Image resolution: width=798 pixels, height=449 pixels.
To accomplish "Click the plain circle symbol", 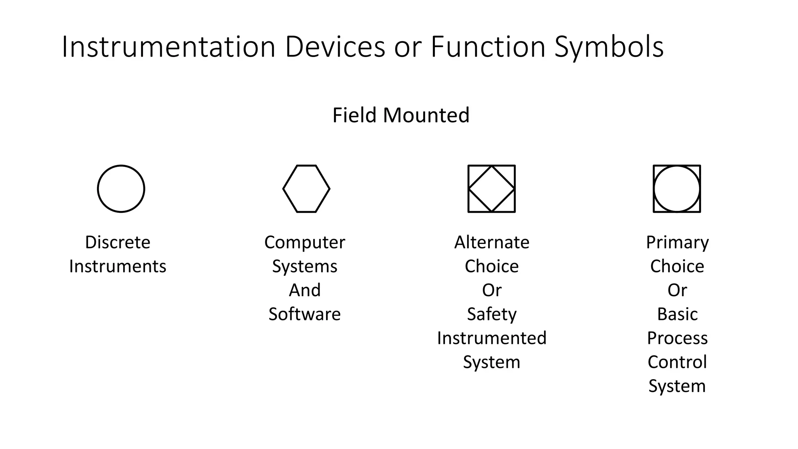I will pos(121,189).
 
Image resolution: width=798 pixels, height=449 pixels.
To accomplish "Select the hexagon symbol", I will pos(306,189).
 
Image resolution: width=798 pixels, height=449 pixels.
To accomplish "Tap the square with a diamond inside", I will pos(491,189).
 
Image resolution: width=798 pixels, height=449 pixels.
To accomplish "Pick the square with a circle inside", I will pos(677,189).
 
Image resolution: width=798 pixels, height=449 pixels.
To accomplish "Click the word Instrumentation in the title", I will pos(169,47).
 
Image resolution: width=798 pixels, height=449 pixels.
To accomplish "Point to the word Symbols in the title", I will pos(609,47).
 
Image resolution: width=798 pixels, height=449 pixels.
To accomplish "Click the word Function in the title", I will pos(488,47).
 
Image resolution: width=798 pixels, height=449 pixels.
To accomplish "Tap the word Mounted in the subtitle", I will pos(426,115).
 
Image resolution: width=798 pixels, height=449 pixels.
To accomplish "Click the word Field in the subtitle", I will pos(355,115).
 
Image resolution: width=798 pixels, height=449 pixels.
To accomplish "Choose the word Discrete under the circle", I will pos(118,242).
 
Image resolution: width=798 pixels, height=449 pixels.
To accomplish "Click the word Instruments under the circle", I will pos(118,267).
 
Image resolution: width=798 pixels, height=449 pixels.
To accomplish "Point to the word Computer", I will pos(305,242).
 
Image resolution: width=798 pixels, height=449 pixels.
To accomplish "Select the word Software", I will pos(305,314).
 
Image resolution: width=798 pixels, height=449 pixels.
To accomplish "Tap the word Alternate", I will pos(492,242).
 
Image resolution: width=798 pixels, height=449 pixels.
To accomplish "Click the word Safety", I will pos(492,314).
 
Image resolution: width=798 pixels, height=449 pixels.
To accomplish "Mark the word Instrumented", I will pos(492,338).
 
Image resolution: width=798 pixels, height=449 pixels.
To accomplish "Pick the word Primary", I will pos(677,242).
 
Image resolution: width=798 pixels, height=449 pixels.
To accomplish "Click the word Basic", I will pos(677,314).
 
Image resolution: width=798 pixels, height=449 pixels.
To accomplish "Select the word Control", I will pos(677,362).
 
